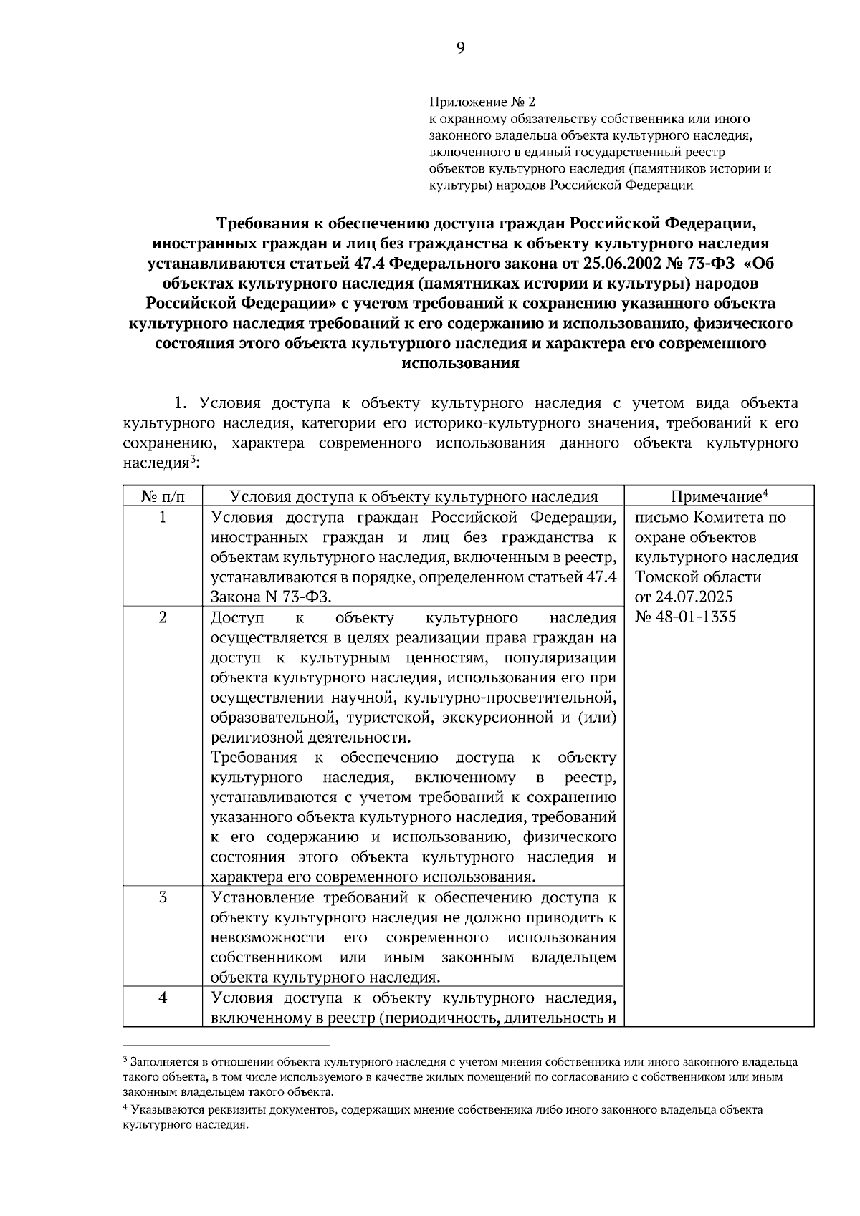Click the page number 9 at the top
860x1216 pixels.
[460, 48]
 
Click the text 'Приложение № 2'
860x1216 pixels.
[482, 102]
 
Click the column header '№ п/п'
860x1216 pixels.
[163, 496]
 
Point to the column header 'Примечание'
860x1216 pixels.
[719, 496]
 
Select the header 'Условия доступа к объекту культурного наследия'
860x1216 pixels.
[413, 496]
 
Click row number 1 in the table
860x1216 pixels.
[163, 517]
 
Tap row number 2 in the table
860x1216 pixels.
[163, 617]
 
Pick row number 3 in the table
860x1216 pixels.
[163, 897]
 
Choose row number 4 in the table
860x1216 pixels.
[163, 997]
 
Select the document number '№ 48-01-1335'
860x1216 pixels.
[685, 617]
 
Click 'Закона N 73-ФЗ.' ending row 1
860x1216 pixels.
[272, 597]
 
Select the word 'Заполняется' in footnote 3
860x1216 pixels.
[161, 1061]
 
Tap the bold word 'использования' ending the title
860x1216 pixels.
[460, 363]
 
